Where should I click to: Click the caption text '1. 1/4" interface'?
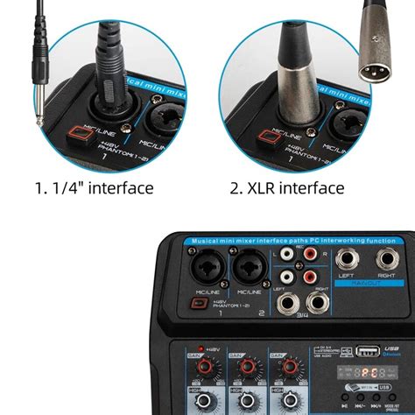tap(94, 188)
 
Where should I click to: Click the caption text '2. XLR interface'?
tap(287, 188)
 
